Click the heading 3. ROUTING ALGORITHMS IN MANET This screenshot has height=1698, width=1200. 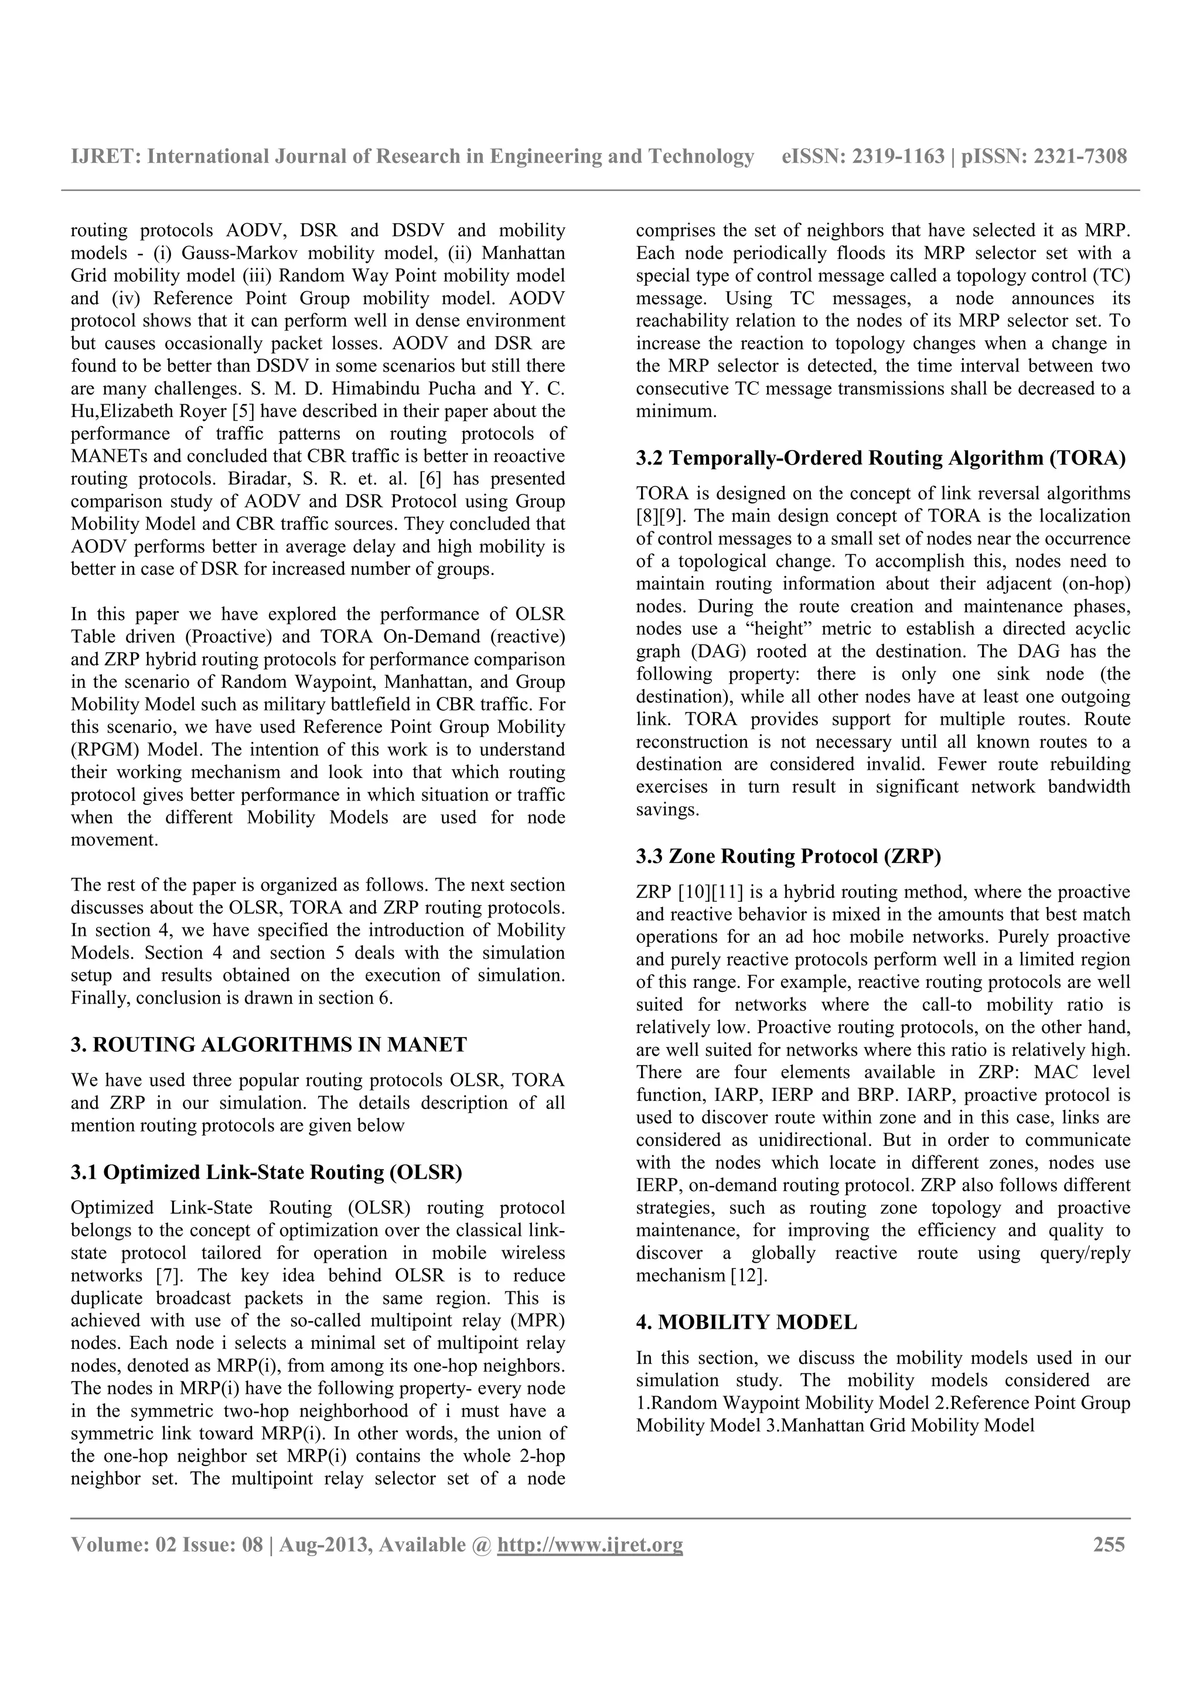coord(268,1044)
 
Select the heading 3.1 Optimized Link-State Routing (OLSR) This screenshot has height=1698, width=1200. coord(266,1172)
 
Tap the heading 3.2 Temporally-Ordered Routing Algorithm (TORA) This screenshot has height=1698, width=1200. coord(881,459)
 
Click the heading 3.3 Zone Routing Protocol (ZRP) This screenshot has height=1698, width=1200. coord(788,857)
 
